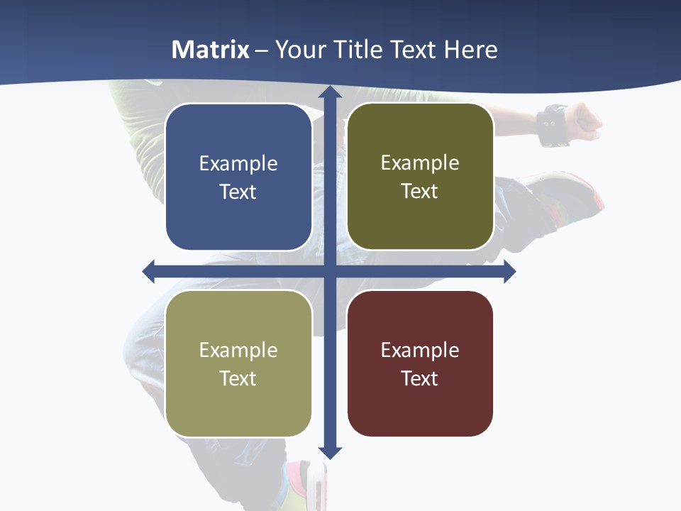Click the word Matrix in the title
tap(211, 50)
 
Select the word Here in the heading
tap(471, 50)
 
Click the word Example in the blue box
tap(238, 164)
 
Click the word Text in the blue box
tap(238, 192)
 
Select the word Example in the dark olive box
tap(420, 163)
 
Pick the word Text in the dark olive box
tap(420, 192)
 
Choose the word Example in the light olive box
tap(238, 351)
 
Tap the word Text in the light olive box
tap(238, 379)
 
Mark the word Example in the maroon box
tap(420, 351)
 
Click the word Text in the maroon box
tap(420, 379)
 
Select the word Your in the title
tap(297, 50)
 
